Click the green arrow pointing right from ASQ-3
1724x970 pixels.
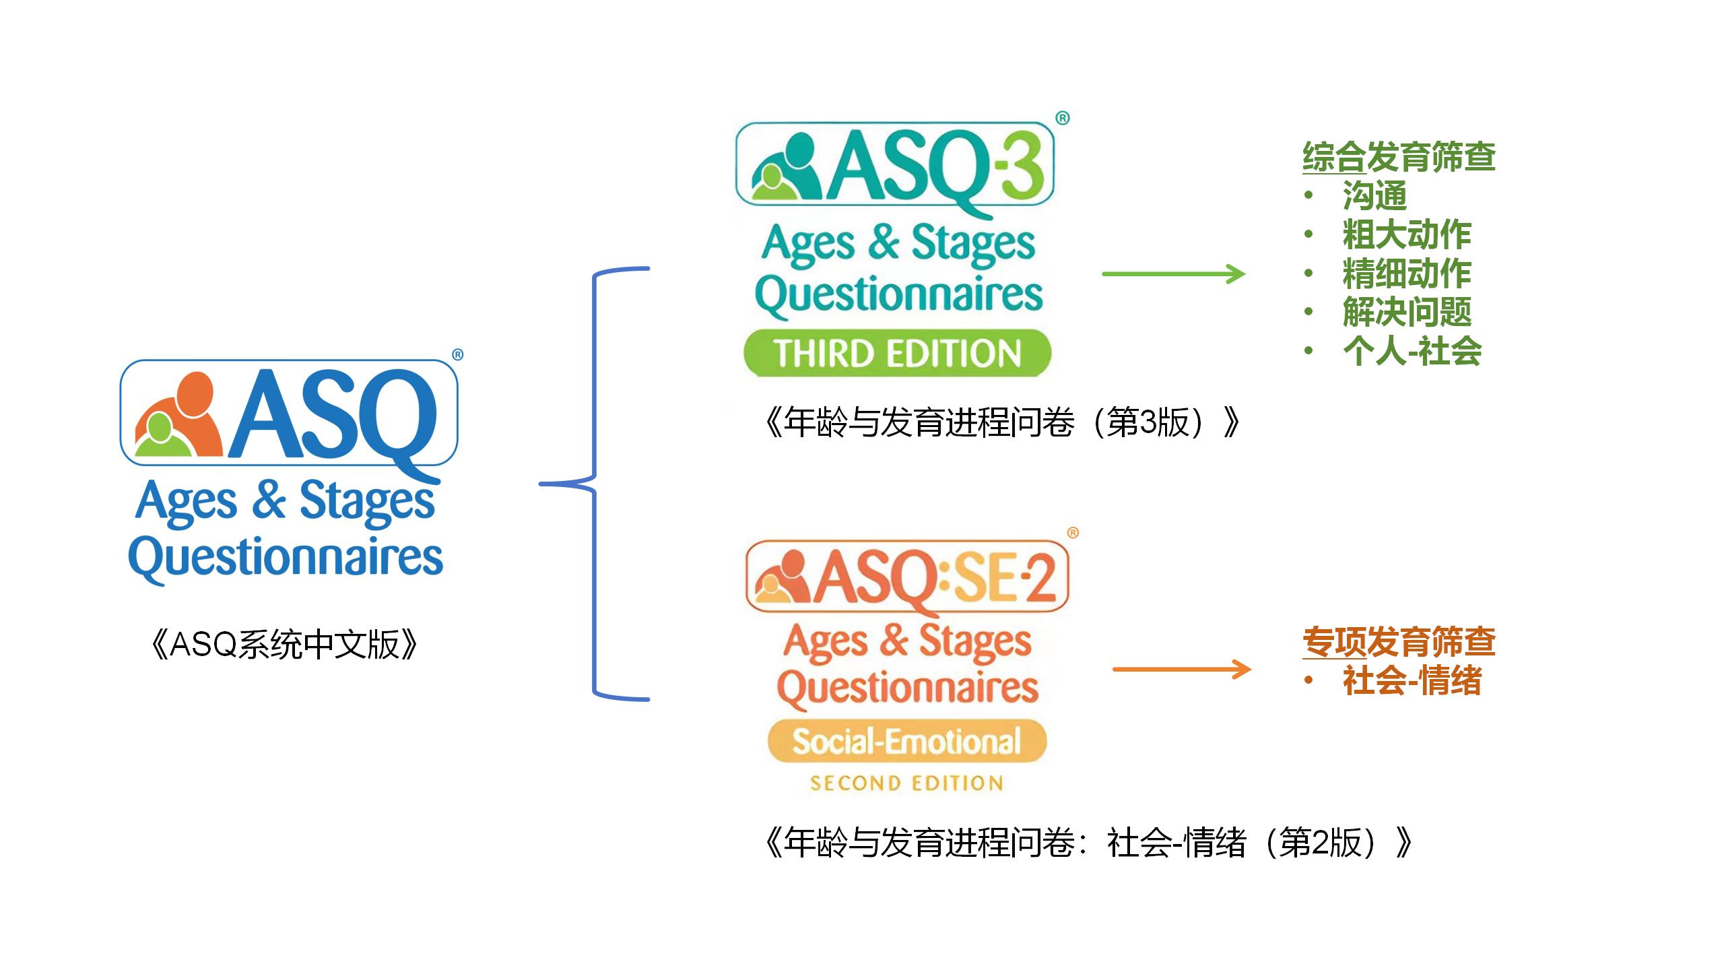pos(1173,274)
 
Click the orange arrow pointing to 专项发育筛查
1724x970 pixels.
pos(1182,670)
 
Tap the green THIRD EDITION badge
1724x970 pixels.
pos(897,353)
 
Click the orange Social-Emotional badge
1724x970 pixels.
pos(907,741)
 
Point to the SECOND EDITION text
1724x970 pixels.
pos(906,783)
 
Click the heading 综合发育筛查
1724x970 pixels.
pos(1399,157)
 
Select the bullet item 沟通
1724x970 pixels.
pos(1374,196)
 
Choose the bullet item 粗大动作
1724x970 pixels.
pos(1407,234)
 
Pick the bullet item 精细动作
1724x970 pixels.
pos(1407,273)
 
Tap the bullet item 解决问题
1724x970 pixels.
pos(1407,312)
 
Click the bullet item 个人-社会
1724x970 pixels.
pos(1412,351)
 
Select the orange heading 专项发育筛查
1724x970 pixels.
pos(1399,642)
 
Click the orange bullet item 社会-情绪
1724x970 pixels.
pos(1412,680)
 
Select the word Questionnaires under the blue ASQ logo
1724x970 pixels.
pos(286,558)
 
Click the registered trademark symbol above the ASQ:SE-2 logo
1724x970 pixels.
pos(1073,533)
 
